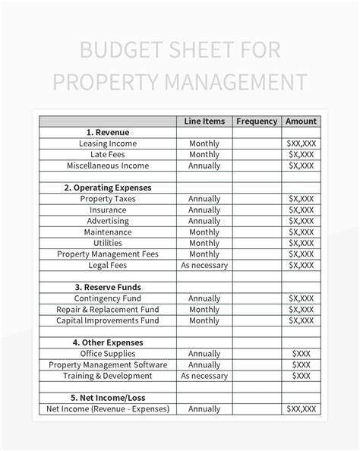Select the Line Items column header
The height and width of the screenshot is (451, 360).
[204, 121]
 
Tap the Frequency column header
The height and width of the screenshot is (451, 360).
[257, 121]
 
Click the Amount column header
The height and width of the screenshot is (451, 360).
[301, 121]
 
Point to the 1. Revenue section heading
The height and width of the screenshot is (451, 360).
[108, 132]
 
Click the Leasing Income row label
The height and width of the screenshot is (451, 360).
[108, 143]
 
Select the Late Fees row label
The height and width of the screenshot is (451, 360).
[108, 154]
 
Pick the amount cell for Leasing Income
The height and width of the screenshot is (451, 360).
[301, 143]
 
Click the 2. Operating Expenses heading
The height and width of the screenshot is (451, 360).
[108, 188]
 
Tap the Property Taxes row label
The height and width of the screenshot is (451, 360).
[108, 199]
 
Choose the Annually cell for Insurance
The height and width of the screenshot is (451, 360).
[204, 210]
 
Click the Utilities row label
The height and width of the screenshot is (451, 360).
[108, 243]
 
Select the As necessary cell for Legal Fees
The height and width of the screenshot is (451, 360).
[204, 265]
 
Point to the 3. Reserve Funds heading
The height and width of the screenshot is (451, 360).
[108, 288]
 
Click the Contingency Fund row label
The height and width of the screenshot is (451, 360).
[108, 298]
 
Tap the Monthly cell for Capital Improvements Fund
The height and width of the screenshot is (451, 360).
[204, 320]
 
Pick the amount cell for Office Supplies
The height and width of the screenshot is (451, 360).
[301, 354]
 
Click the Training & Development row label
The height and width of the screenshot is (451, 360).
[108, 376]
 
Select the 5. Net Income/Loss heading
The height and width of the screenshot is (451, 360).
[108, 398]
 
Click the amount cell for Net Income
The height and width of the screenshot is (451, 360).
[301, 409]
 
